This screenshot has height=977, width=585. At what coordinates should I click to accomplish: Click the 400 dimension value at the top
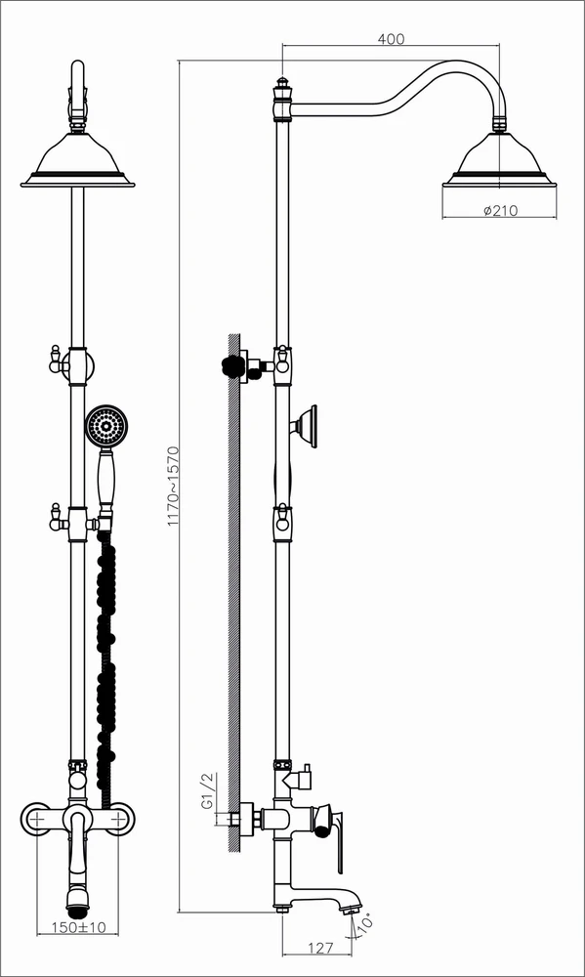tap(391, 39)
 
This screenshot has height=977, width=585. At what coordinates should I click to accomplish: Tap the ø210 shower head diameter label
tap(500, 210)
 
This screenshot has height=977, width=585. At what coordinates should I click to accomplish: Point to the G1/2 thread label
tap(207, 791)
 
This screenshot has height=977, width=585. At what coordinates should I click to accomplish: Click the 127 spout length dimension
tap(320, 948)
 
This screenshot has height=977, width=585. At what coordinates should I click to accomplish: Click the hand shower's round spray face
tap(106, 427)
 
